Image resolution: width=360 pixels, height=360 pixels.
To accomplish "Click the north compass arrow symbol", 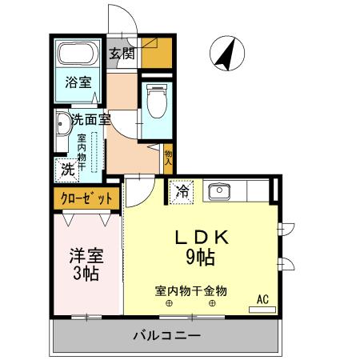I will click(225, 53).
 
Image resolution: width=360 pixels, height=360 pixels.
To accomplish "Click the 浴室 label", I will click(78, 82).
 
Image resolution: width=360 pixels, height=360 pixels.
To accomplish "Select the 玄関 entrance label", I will click(122, 54).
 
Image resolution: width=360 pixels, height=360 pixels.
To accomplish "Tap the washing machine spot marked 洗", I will click(68, 169).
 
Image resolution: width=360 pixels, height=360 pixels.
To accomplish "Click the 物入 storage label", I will click(168, 157).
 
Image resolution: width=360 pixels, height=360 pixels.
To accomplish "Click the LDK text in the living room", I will click(203, 238).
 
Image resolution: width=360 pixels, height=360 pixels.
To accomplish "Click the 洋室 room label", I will click(86, 257).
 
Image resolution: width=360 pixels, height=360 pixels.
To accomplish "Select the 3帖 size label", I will click(86, 275).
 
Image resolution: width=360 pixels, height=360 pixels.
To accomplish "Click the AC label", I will click(262, 300).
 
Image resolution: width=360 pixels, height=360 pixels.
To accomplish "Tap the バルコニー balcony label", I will click(166, 335).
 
